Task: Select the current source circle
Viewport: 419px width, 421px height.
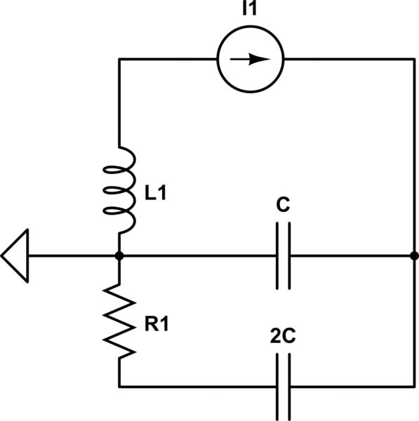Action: point(249,59)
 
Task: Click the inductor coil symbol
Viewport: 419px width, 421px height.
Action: point(121,190)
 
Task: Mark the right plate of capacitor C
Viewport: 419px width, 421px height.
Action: point(288,256)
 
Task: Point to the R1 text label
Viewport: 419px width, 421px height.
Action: point(155,323)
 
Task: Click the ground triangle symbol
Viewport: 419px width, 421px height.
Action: point(15,256)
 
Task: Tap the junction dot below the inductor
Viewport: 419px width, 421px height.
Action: point(119,256)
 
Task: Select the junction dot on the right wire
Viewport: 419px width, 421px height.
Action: point(414,256)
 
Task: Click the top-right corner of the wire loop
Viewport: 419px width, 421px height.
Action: point(414,59)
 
